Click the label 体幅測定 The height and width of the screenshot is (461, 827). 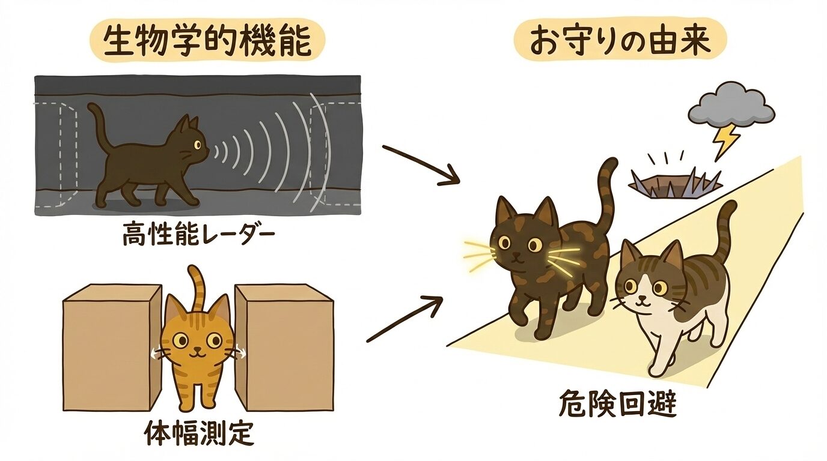click(x=199, y=434)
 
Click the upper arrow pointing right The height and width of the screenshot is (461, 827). click(x=421, y=163)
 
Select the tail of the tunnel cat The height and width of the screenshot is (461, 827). click(x=96, y=123)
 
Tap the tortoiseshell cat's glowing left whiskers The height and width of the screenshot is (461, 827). click(x=478, y=254)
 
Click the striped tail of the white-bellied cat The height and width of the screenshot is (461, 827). click(x=725, y=225)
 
